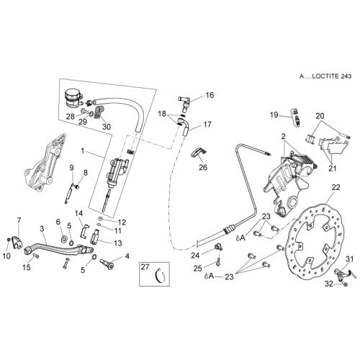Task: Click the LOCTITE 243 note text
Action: click(x=325, y=76)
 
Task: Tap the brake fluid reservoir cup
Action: click(x=72, y=98)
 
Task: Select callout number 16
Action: click(x=210, y=95)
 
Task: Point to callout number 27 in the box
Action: click(x=145, y=267)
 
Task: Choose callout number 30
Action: click(x=107, y=126)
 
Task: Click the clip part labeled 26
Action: click(x=199, y=153)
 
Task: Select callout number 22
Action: click(x=336, y=187)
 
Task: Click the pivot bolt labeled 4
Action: click(x=107, y=262)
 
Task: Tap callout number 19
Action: click(x=274, y=114)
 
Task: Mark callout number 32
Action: click(x=329, y=284)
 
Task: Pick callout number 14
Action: click(x=78, y=213)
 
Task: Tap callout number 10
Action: click(x=6, y=256)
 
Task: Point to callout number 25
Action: click(x=197, y=269)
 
